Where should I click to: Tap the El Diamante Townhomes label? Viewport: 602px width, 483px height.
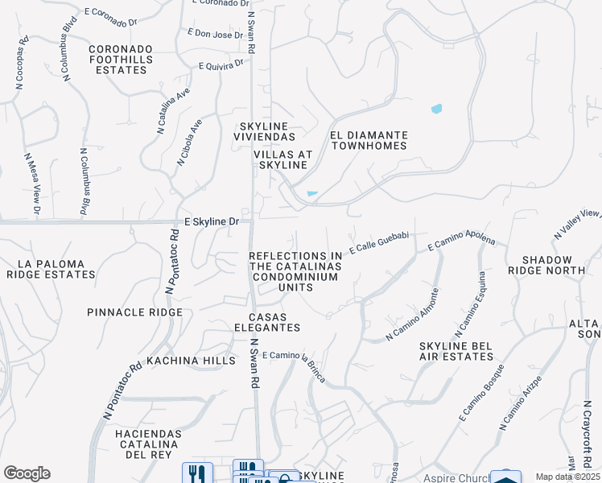click(369, 141)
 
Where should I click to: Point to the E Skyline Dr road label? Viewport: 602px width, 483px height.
click(212, 221)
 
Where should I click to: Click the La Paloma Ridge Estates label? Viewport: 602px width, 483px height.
click(51, 269)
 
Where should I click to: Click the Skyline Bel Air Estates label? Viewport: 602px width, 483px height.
click(455, 351)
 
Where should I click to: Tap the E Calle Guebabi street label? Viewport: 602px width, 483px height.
click(379, 247)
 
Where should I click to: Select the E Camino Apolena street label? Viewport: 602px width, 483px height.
click(461, 242)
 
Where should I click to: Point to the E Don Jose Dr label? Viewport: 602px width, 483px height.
click(215, 35)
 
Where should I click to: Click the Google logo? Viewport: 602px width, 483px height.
click(27, 473)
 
